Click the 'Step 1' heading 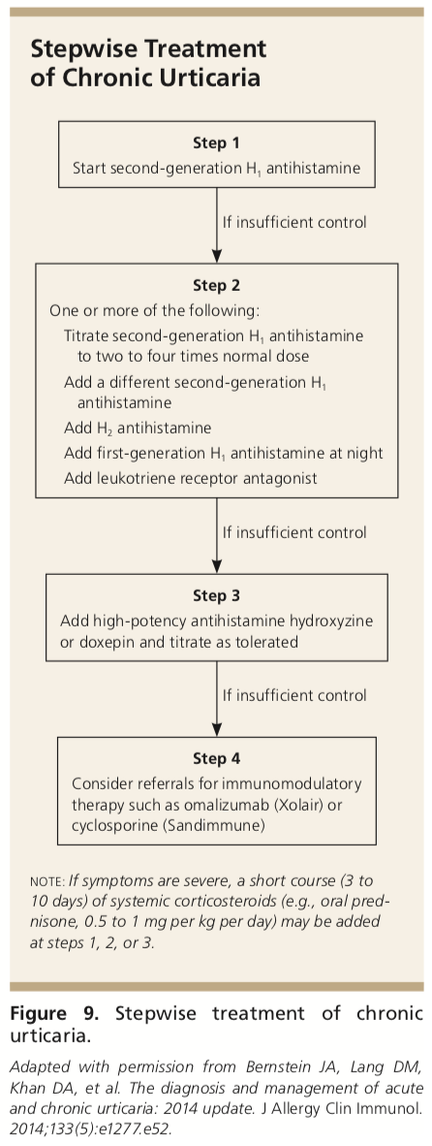coord(216,143)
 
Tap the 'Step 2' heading coord(216,285)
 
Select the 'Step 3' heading coord(216,595)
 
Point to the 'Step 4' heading coord(216,758)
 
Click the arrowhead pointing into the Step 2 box coord(217,256)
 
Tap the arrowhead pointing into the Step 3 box coord(217,566)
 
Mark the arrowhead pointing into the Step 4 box coord(217,729)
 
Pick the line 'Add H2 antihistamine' coord(138,429)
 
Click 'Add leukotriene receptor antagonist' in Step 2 coord(191,479)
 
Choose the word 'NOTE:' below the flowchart coord(47,882)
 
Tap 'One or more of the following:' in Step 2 coord(154,310)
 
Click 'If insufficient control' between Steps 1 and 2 coord(294,222)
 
